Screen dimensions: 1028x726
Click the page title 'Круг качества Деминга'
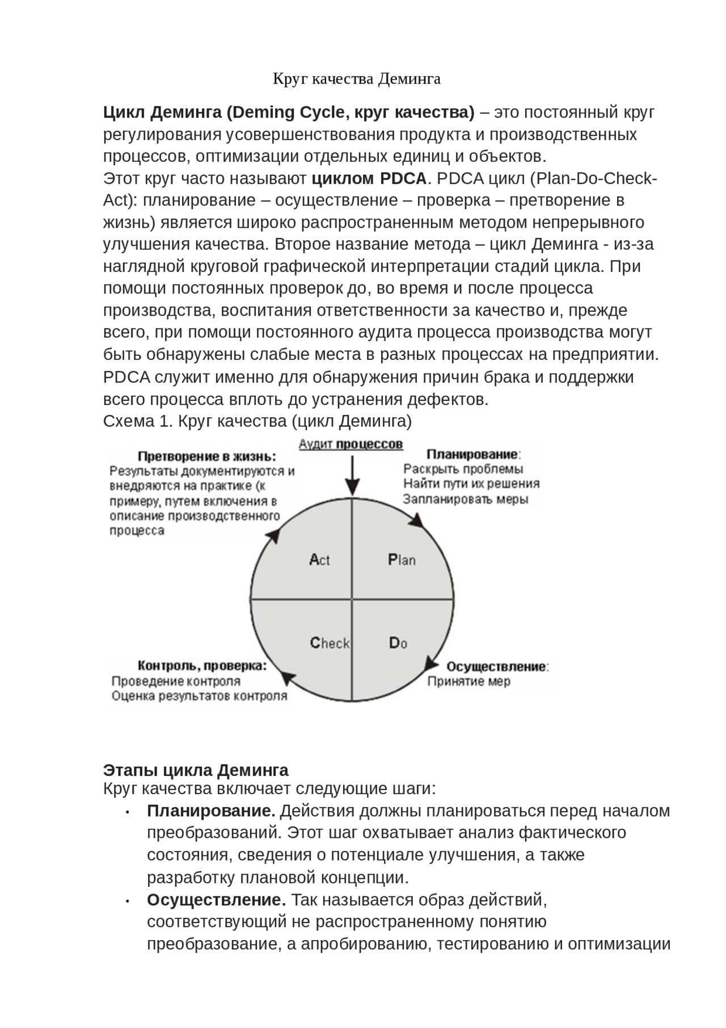coord(357,78)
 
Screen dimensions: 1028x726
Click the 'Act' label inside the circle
coord(319,560)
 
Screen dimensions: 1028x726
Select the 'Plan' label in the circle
coord(402,560)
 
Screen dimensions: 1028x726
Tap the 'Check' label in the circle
coord(330,643)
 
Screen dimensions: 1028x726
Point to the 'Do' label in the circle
coord(398,643)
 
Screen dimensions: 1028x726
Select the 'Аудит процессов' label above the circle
coord(351,444)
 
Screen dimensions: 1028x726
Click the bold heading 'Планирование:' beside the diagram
coord(474,454)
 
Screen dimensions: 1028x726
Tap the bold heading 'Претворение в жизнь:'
coord(207,456)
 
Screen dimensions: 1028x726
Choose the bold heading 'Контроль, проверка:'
coord(202,666)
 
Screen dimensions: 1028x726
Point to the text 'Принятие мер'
coord(468,681)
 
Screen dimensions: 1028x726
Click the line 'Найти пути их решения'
coord(471,484)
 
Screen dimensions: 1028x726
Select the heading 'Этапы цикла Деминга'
coord(196,770)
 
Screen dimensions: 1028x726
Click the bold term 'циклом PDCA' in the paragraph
coord(369,179)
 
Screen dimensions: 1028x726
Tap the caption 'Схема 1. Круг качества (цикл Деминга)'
coord(258,421)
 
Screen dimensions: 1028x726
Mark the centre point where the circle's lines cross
coord(352,599)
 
